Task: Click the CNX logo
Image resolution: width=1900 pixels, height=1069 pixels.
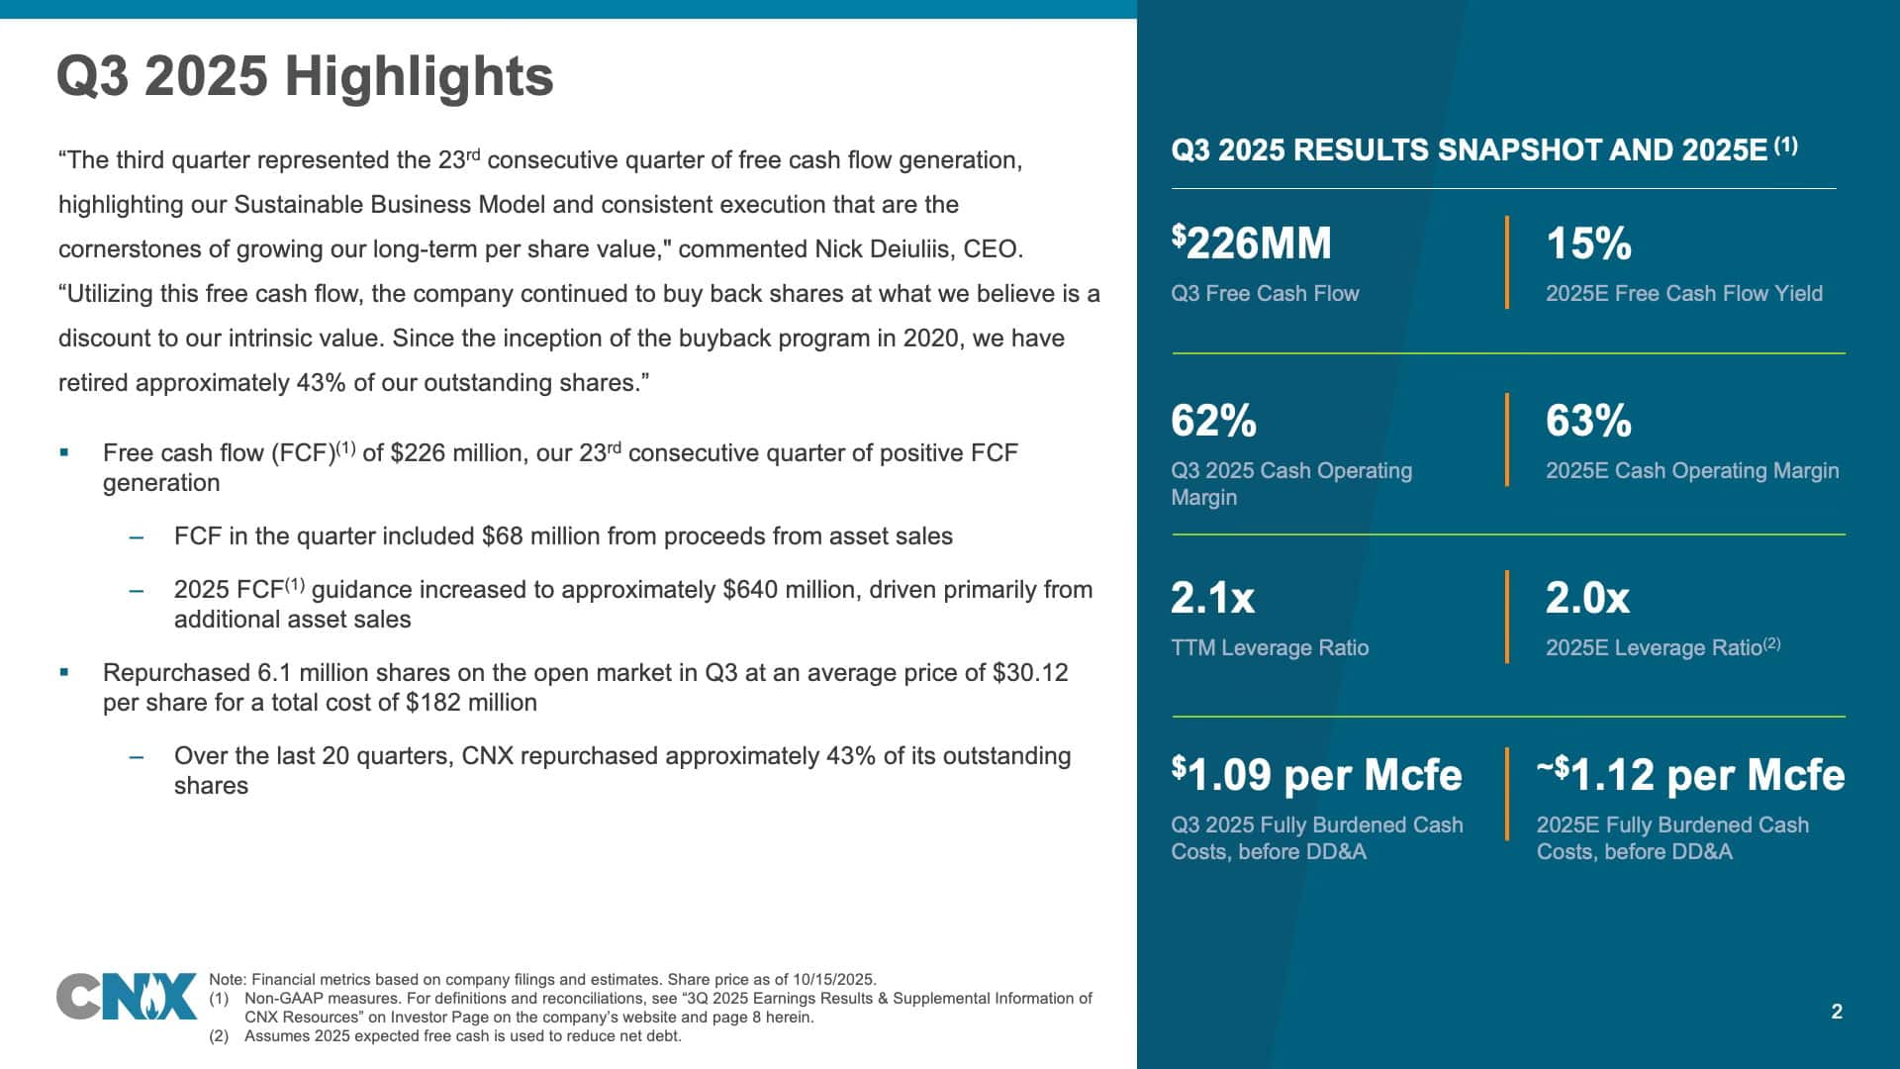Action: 127,997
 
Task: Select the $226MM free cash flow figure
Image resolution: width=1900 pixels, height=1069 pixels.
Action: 1251,243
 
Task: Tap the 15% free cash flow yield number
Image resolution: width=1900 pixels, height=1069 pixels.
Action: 1588,243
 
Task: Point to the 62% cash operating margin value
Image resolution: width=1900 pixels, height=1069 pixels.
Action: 1213,421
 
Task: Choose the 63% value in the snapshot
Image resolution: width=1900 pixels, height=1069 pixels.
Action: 1588,421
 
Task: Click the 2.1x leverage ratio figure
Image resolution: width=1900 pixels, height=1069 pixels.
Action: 1212,598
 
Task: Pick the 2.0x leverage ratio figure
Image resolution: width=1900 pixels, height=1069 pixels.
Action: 1587,598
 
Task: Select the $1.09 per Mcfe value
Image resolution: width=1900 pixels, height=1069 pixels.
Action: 1316,774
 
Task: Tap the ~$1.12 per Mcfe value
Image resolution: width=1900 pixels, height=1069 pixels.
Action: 1690,774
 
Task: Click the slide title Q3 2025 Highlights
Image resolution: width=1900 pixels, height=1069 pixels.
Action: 305,76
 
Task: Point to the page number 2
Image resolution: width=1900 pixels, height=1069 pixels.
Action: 1837,1012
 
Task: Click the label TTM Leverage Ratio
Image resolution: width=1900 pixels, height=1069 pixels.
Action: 1270,648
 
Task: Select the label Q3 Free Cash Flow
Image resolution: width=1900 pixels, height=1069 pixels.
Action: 1265,294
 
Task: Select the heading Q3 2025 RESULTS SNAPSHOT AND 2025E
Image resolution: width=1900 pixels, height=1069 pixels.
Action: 1469,150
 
